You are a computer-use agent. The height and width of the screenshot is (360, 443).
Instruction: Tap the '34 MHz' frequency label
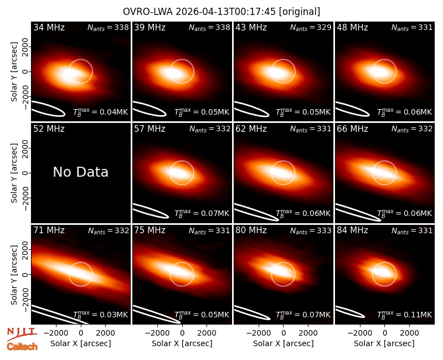pos(49,27)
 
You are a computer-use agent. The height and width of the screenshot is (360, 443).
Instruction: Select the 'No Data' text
pos(80,172)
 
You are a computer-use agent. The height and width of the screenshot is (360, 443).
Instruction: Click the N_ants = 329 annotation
pos(311,27)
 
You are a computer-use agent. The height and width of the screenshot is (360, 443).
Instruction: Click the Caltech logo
pos(22,347)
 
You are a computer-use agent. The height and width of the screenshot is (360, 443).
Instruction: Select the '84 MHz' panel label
pos(352,230)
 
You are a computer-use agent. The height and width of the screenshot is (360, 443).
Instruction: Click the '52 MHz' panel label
pos(49,129)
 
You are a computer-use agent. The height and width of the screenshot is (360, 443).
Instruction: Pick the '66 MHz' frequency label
pos(352,129)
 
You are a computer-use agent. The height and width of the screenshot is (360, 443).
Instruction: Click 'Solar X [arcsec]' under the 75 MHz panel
pos(182,343)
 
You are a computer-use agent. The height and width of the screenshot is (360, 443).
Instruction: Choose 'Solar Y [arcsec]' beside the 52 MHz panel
pos(14,173)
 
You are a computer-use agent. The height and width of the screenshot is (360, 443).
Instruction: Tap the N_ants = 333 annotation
pos(311,230)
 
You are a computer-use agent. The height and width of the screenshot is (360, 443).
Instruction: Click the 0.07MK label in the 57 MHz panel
pos(202,213)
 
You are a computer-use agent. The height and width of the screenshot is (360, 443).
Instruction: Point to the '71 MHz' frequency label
pos(49,230)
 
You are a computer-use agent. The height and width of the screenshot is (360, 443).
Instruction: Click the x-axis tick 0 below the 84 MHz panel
pos(384,333)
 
